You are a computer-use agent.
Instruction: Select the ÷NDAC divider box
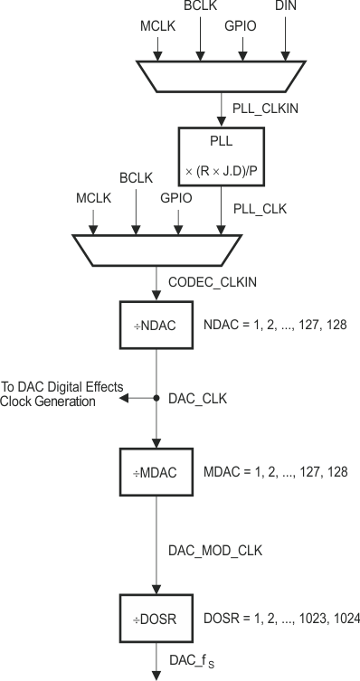click(x=156, y=323)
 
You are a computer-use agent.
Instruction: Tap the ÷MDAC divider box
click(x=156, y=471)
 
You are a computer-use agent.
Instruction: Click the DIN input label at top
click(x=287, y=7)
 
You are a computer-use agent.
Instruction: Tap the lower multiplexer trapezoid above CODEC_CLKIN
click(x=156, y=250)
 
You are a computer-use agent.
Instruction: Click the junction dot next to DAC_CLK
click(x=156, y=397)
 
